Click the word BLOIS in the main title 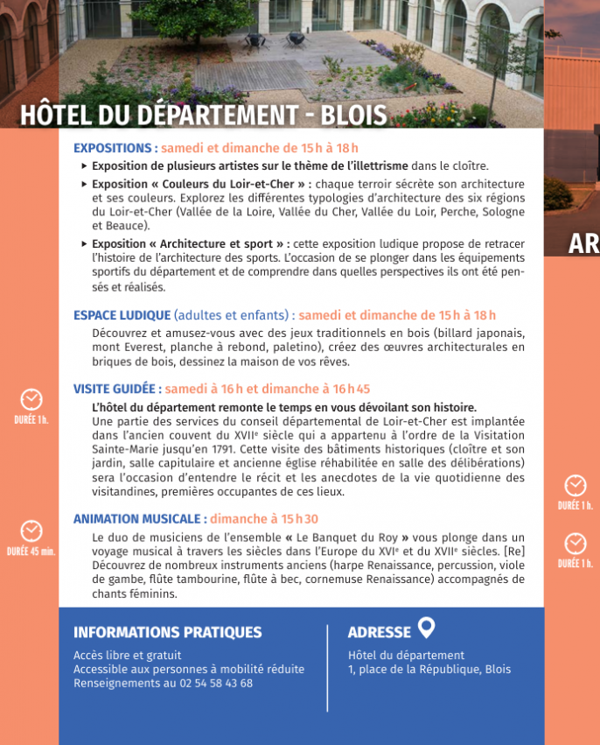[353, 116]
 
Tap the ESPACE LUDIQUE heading [122, 315]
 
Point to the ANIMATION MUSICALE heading [140, 519]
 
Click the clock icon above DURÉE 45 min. [31, 531]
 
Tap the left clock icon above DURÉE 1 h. [31, 399]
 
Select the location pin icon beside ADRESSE [426, 628]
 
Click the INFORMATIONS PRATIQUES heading [167, 632]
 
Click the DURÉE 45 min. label [31, 552]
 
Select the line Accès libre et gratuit [127, 655]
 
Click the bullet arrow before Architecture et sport [84, 244]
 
